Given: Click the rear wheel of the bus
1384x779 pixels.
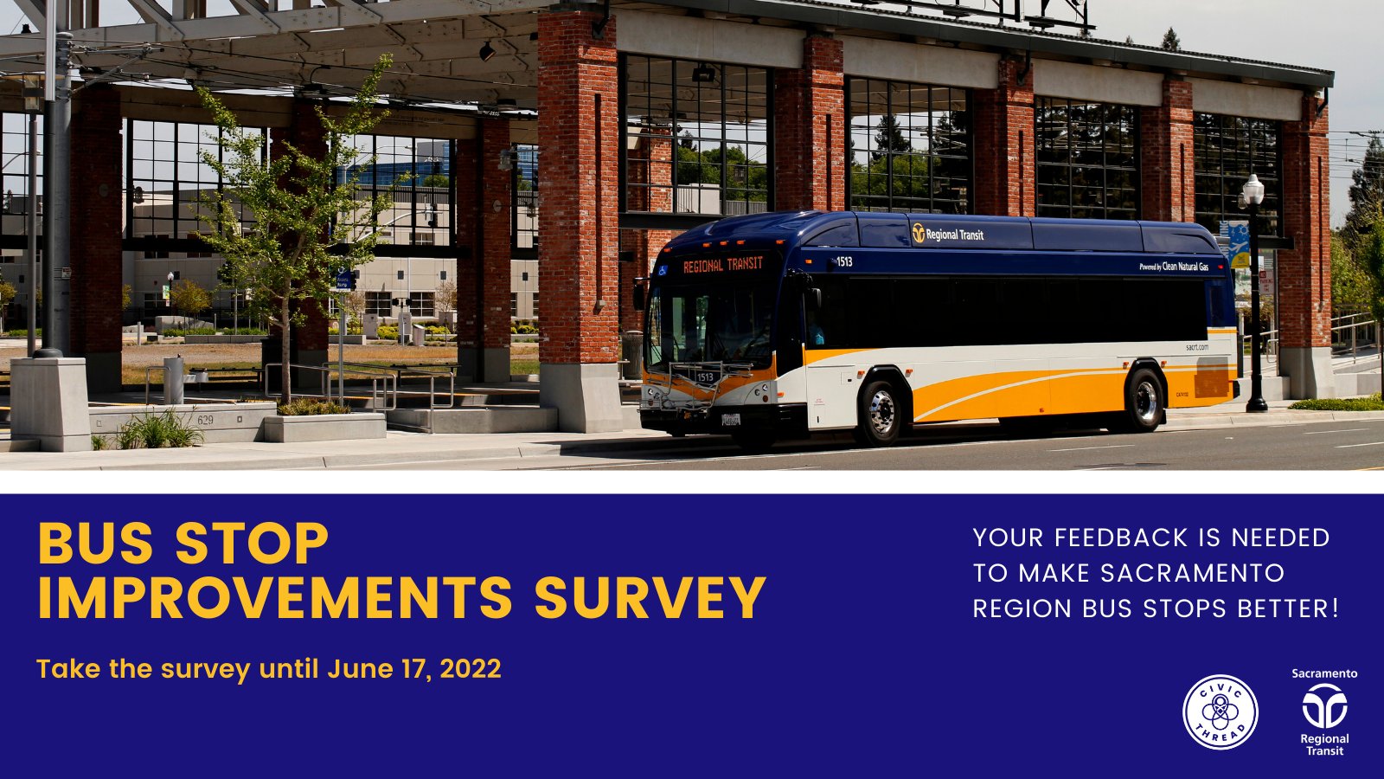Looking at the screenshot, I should coord(1145,400).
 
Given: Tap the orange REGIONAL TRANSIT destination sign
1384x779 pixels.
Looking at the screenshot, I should coord(723,265).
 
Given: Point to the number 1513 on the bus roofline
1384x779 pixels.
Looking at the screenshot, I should coord(844,261).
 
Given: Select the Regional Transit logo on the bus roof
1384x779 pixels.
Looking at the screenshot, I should coord(948,234).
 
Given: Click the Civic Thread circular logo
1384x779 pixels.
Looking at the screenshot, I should coord(1220,711).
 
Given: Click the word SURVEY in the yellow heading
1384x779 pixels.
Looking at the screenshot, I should coord(650,597).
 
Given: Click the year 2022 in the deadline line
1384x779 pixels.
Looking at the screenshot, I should coord(471,669).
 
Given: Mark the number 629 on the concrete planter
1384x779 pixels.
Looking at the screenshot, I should coord(205,421).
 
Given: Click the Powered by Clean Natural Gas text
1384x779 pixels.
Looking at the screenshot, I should coord(1174,267).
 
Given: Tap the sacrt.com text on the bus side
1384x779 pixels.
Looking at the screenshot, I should coord(1196,347).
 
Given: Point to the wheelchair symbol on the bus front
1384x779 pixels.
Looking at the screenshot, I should coord(663,270).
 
